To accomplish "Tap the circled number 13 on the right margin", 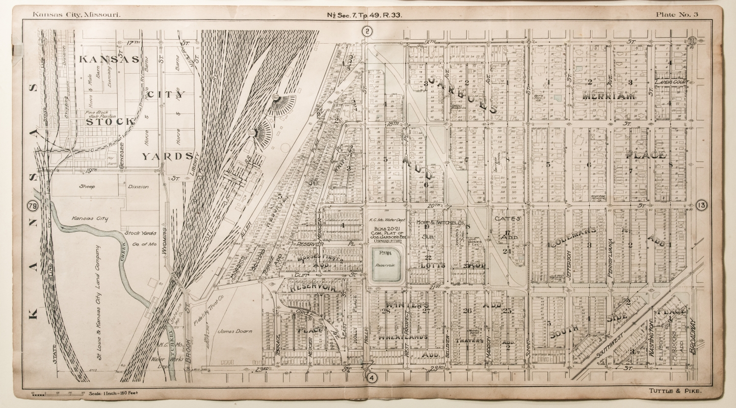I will point(701,206).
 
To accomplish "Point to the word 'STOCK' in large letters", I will point(109,121).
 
